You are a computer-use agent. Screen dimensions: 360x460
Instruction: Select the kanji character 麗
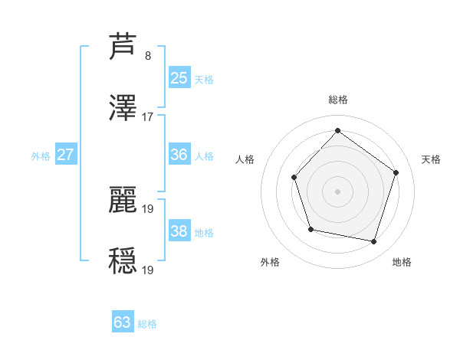click(x=123, y=198)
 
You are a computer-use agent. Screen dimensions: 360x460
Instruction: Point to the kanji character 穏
click(x=123, y=260)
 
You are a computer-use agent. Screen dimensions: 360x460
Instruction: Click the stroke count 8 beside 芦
click(x=148, y=55)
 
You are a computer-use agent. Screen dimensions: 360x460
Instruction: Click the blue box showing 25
click(x=179, y=77)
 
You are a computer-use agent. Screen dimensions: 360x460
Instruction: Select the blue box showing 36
click(x=179, y=155)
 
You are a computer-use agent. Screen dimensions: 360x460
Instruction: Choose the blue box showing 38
click(x=179, y=231)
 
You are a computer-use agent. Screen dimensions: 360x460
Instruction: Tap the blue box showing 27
click(x=66, y=155)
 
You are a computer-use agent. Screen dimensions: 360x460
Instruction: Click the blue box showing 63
click(x=123, y=322)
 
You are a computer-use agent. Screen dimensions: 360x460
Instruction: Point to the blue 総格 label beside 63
click(x=147, y=324)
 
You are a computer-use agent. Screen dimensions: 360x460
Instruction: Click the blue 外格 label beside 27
click(x=41, y=156)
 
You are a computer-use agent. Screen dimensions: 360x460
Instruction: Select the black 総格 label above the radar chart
click(x=338, y=100)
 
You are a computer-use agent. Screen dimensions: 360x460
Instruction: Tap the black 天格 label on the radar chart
click(x=432, y=159)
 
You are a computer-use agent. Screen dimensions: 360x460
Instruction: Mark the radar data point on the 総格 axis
click(x=337, y=131)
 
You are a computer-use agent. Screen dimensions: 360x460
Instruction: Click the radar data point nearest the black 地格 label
click(x=373, y=242)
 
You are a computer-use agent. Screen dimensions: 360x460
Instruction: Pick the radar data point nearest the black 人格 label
click(x=294, y=178)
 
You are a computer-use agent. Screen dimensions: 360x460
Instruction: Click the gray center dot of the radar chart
click(x=337, y=191)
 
